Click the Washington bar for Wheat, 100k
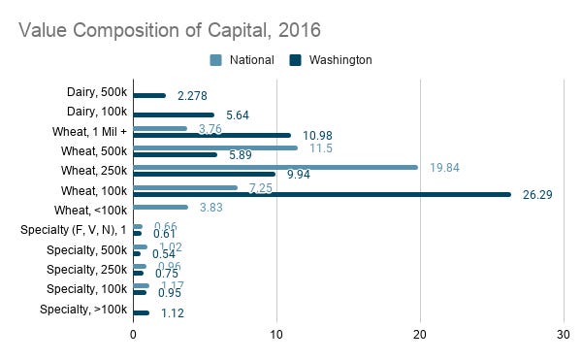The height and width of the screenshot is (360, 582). click(322, 193)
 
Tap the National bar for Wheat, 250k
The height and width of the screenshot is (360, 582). click(275, 167)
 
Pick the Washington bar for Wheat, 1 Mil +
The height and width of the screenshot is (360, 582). click(211, 135)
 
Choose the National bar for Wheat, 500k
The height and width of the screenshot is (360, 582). click(215, 147)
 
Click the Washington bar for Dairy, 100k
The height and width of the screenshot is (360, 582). click(174, 115)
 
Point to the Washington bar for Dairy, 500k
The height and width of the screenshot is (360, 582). click(149, 96)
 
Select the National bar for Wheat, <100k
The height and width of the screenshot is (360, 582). click(160, 207)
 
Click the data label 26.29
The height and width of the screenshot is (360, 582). click(537, 194)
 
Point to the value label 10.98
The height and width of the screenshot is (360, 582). click(317, 135)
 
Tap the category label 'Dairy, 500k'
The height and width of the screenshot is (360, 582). click(92, 92)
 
